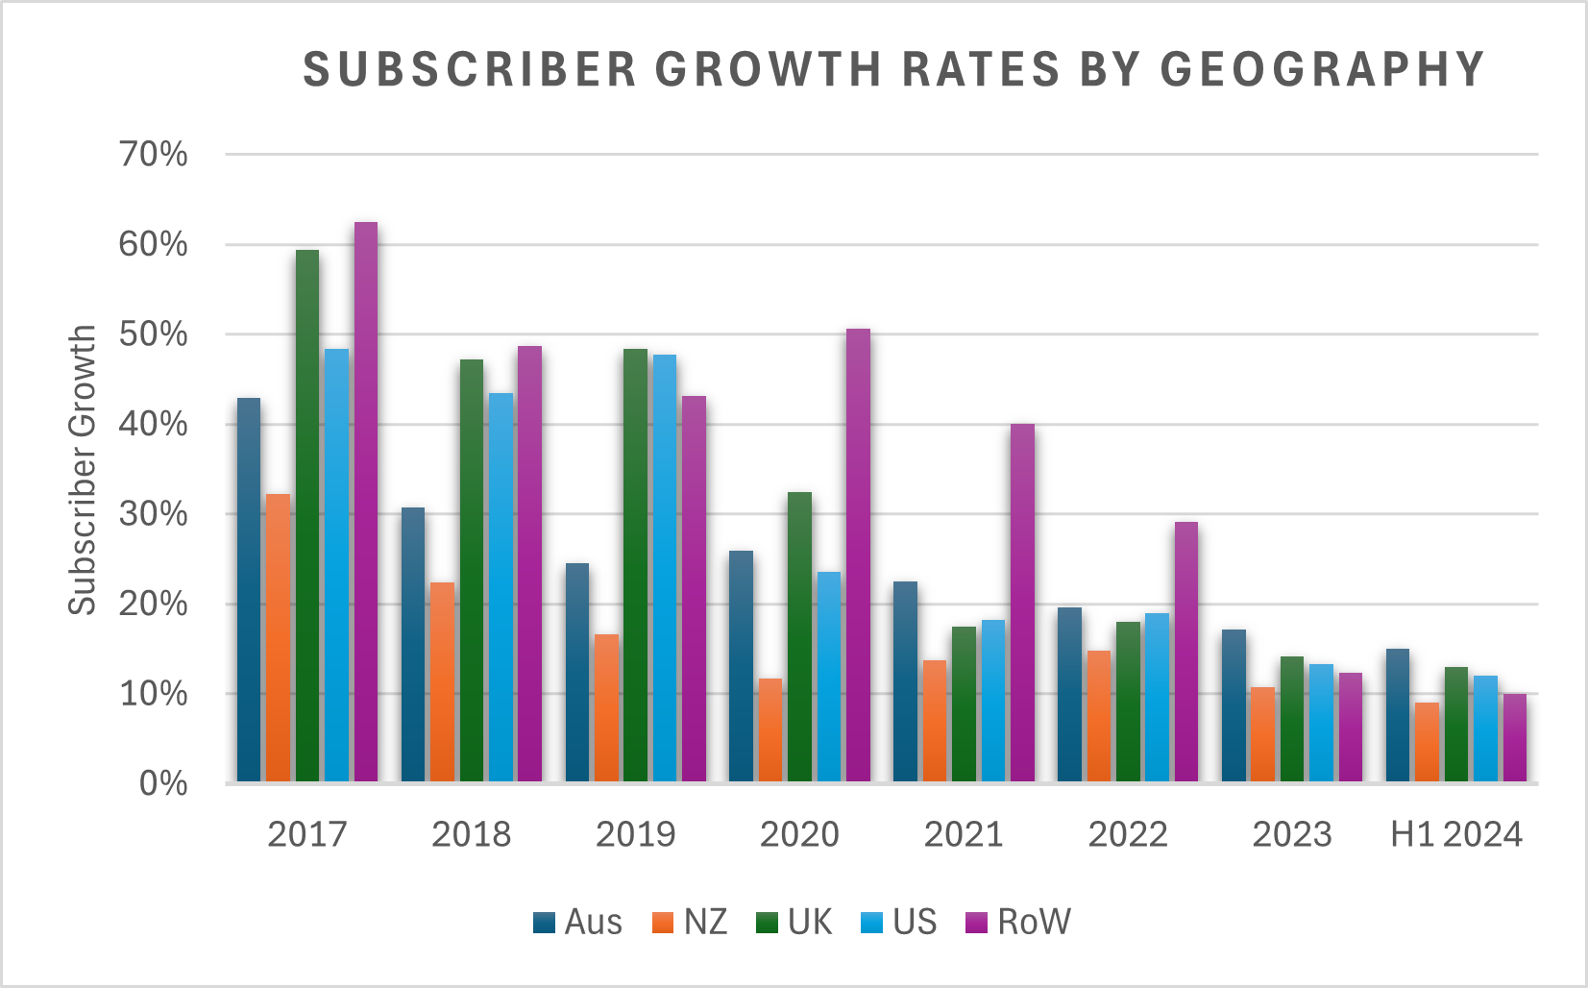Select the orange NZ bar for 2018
(442, 681)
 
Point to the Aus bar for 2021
(905, 681)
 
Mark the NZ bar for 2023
(1262, 734)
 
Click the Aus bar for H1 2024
(1398, 715)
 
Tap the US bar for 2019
(664, 568)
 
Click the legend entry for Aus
(577, 923)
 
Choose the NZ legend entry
(690, 923)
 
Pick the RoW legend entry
(1017, 923)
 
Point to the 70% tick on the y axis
(154, 154)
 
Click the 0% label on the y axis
(163, 784)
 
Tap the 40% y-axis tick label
(154, 424)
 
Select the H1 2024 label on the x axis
(1456, 834)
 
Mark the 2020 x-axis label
(799, 834)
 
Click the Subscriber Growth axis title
(83, 469)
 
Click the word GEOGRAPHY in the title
(1323, 69)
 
